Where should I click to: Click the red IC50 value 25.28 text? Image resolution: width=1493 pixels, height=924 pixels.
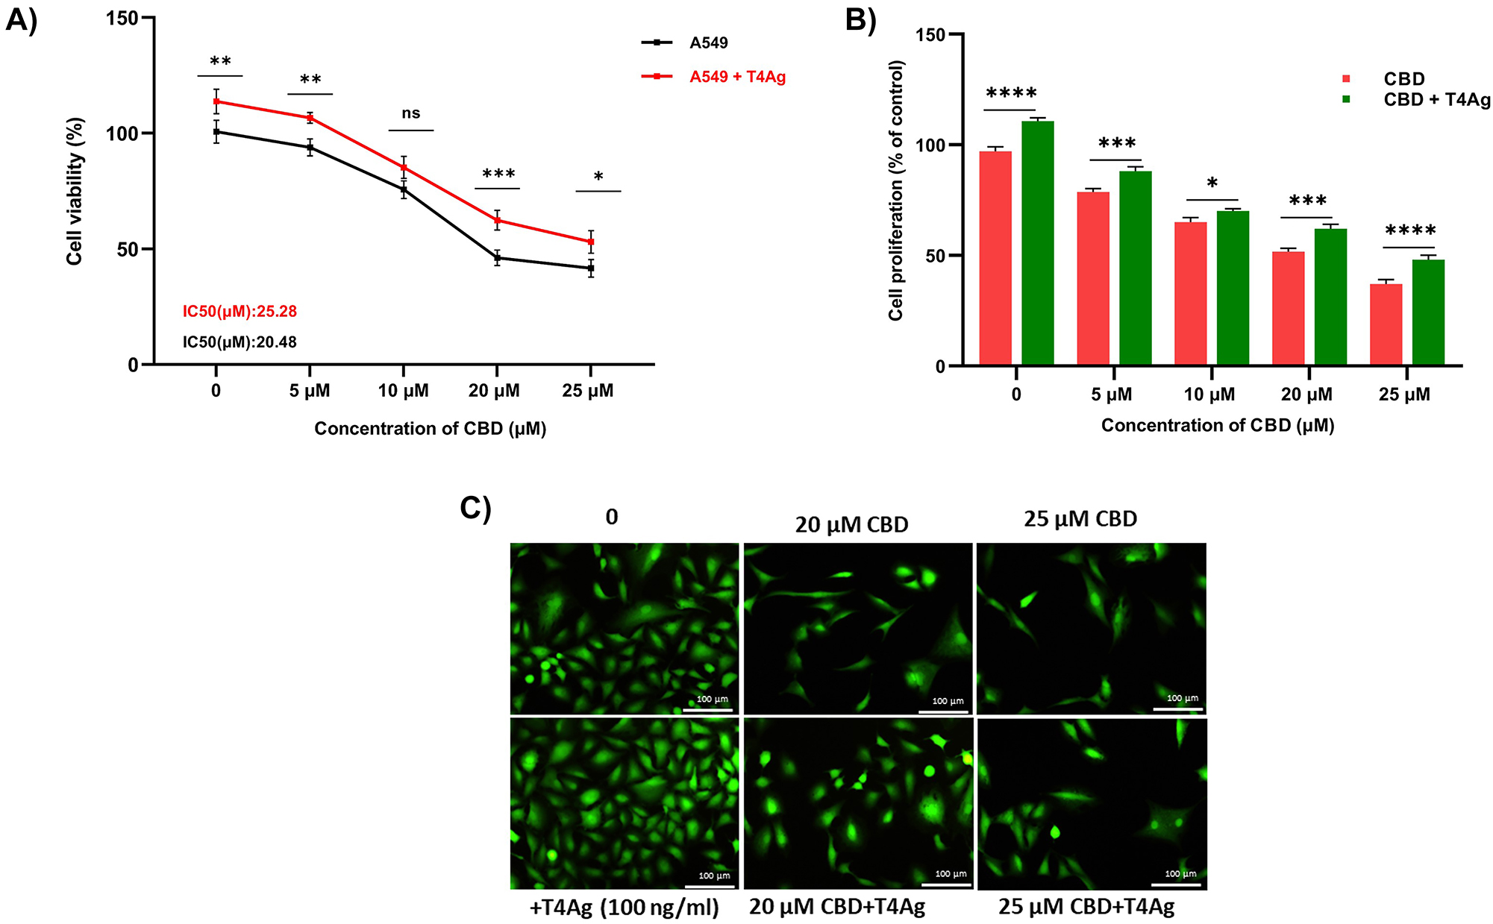click(x=240, y=311)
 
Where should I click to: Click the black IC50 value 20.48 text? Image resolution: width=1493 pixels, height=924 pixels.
click(x=240, y=342)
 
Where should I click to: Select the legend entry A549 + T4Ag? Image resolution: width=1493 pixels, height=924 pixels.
click(x=737, y=77)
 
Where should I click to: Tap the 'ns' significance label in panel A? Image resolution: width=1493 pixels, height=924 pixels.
click(x=411, y=113)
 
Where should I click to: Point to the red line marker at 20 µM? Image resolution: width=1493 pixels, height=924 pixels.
click(x=497, y=220)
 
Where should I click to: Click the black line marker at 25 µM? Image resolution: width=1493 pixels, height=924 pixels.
click(x=591, y=268)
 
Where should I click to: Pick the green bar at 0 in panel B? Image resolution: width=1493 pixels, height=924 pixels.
click(x=1038, y=243)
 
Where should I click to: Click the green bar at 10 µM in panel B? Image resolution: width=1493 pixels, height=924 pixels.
click(x=1233, y=288)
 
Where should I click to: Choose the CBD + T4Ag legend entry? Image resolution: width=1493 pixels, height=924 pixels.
click(x=1436, y=100)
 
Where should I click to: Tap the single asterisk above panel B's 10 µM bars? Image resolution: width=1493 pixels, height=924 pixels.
click(x=1212, y=183)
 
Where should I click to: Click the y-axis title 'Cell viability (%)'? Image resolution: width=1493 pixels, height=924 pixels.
click(x=74, y=191)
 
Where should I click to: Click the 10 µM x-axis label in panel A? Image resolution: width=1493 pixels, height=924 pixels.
click(x=403, y=391)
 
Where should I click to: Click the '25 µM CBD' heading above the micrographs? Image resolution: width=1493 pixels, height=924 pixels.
click(x=1080, y=519)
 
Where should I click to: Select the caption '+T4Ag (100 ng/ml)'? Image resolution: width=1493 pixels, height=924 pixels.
click(x=624, y=908)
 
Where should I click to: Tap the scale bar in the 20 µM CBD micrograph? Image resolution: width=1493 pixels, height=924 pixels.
click(x=943, y=711)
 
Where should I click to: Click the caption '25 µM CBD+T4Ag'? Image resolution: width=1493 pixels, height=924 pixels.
click(x=1086, y=907)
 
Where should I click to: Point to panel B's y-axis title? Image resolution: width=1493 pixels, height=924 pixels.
click(x=896, y=191)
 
